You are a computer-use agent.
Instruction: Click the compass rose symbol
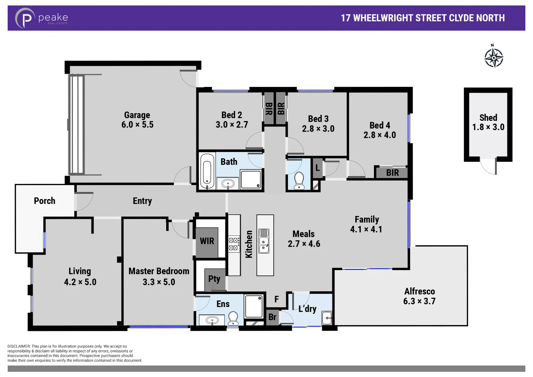click(x=494, y=57)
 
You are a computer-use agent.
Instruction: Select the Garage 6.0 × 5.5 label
click(x=137, y=120)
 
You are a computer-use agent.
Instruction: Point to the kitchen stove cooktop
click(x=234, y=244)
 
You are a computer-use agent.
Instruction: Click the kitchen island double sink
click(x=264, y=241)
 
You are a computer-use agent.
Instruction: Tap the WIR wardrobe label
click(x=207, y=241)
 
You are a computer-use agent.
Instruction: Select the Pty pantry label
click(x=214, y=279)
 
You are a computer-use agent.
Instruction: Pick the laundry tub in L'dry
click(x=327, y=318)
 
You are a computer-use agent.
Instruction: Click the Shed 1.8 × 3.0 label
click(x=488, y=123)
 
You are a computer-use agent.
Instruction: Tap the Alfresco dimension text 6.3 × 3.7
click(x=419, y=301)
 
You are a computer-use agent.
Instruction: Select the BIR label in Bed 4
click(x=392, y=173)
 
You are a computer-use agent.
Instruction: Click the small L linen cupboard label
click(x=317, y=168)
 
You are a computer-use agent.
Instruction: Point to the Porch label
click(x=44, y=201)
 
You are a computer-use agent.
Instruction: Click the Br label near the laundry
click(x=272, y=317)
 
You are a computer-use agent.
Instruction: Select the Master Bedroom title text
click(x=159, y=271)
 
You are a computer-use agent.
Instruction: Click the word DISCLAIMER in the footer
click(x=19, y=346)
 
